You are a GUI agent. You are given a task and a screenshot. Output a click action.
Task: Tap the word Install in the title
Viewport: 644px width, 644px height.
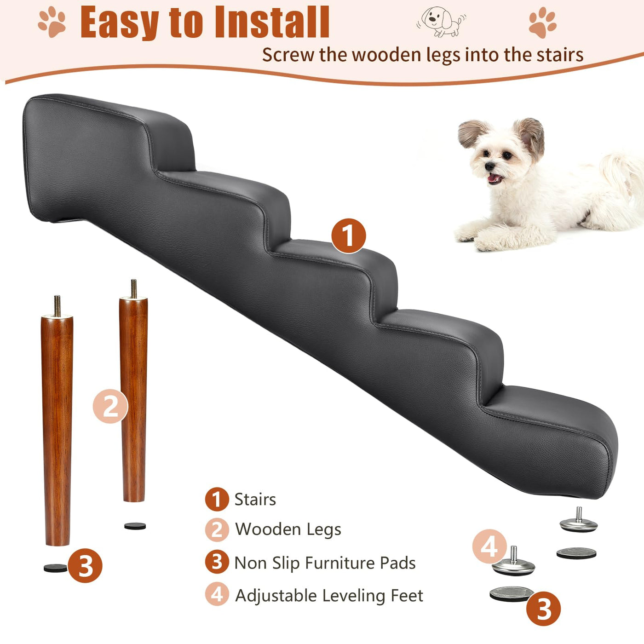(272, 22)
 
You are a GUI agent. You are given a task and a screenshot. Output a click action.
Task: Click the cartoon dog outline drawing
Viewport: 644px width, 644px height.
(441, 21)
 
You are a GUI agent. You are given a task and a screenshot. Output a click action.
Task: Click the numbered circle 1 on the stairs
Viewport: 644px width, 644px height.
(349, 236)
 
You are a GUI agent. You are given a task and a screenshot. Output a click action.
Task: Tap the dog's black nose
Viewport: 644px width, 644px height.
(489, 167)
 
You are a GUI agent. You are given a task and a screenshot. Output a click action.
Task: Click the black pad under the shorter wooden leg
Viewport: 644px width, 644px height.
(135, 526)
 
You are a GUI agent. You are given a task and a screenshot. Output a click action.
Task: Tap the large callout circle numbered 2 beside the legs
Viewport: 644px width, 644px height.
(110, 406)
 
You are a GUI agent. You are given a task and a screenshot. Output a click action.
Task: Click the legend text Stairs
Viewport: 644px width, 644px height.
(255, 499)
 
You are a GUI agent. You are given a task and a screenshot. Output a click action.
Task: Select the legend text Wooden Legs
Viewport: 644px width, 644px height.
(288, 529)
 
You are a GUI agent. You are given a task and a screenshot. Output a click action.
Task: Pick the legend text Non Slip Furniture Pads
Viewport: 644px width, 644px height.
(325, 563)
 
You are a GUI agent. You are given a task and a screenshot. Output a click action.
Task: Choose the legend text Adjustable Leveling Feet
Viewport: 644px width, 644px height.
(329, 596)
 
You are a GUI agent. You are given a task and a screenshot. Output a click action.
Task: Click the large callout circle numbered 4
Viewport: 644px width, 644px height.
(489, 547)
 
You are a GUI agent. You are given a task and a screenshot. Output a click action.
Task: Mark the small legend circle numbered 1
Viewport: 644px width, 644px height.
(217, 499)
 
